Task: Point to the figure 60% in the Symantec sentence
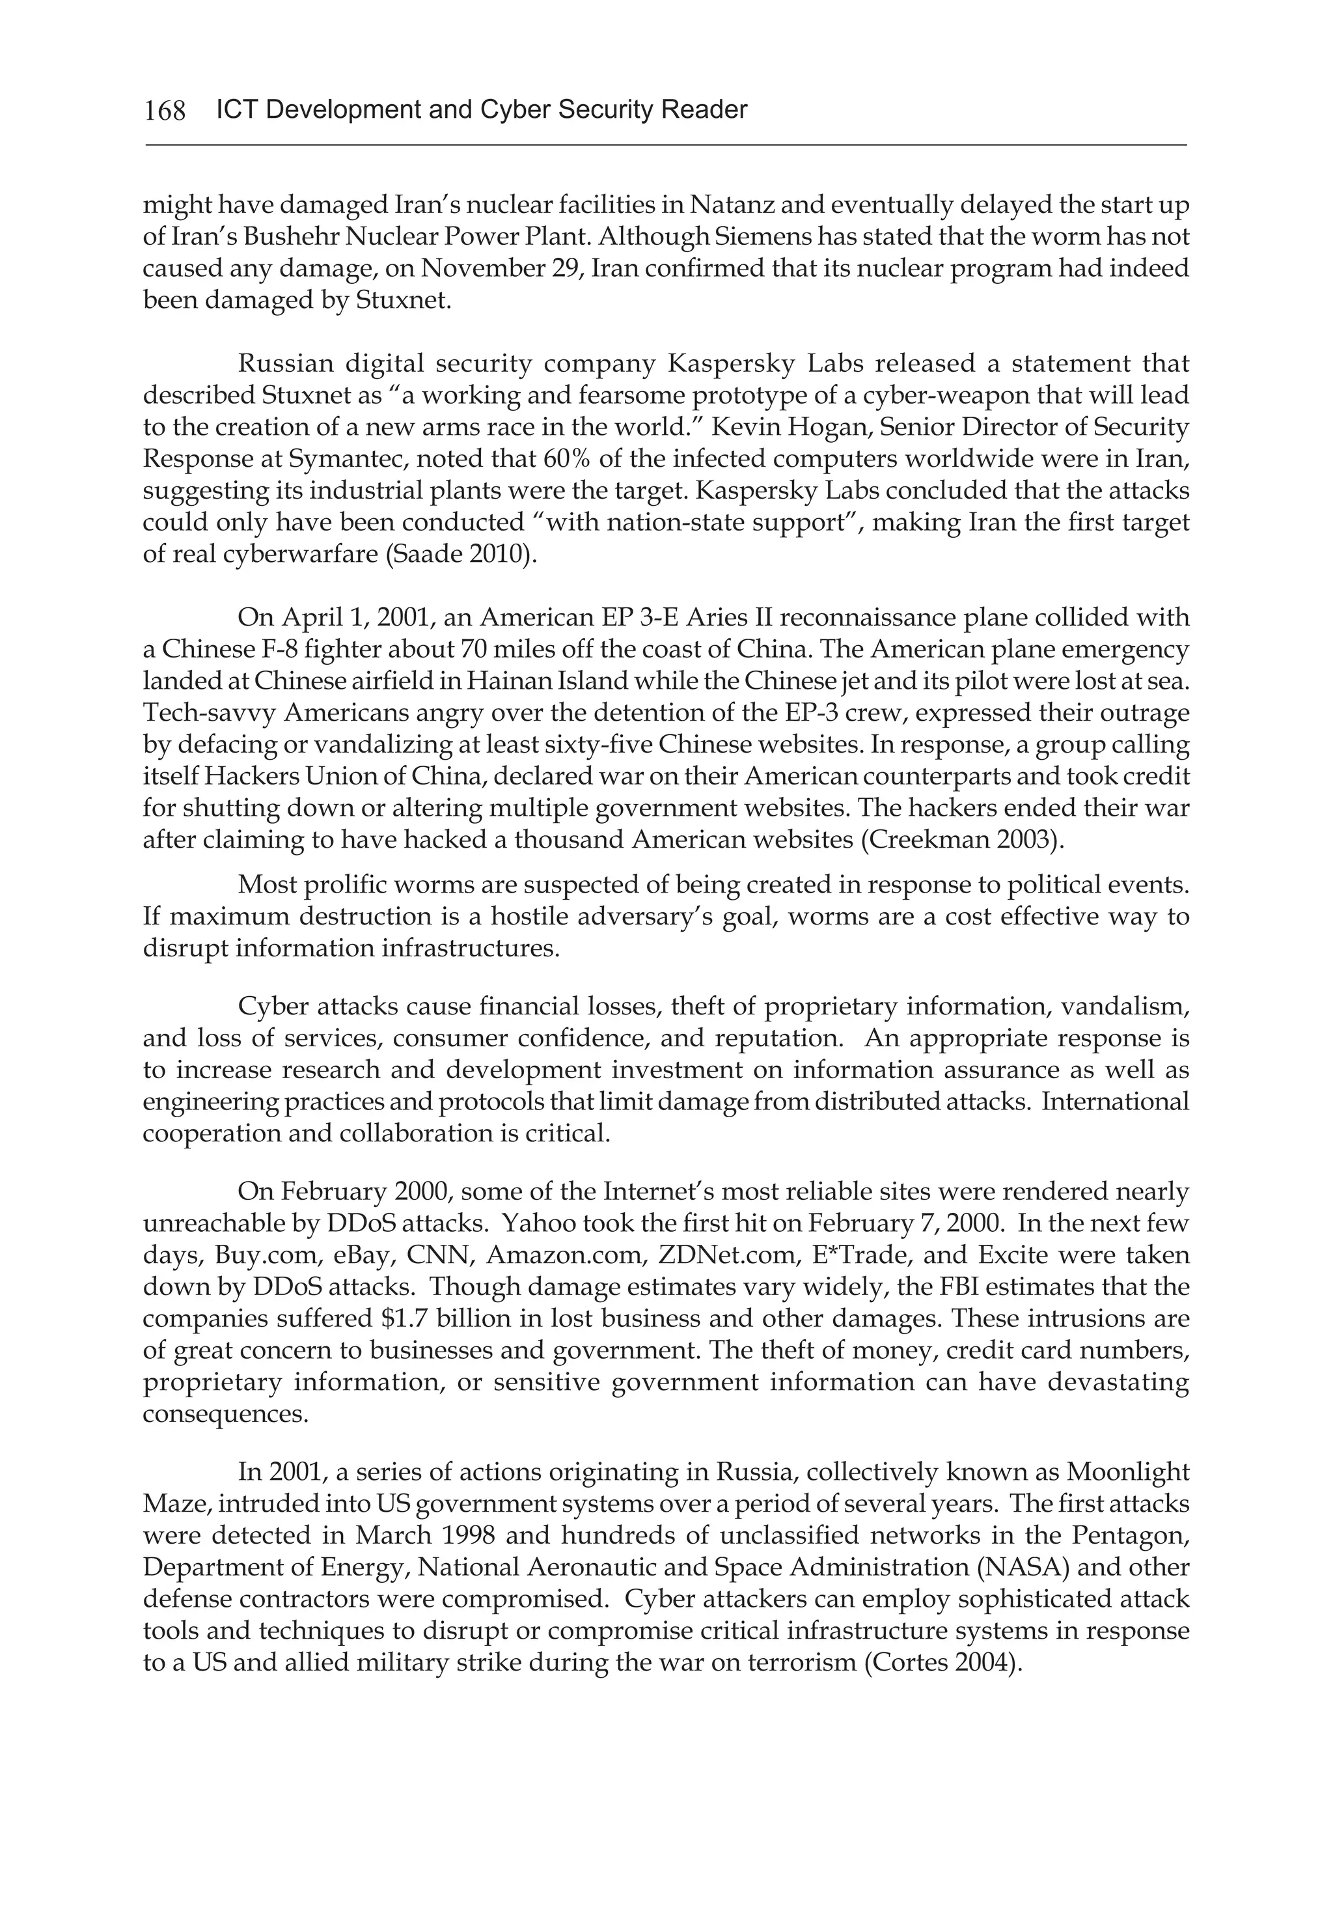coord(566,459)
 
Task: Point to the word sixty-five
coord(592,745)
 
